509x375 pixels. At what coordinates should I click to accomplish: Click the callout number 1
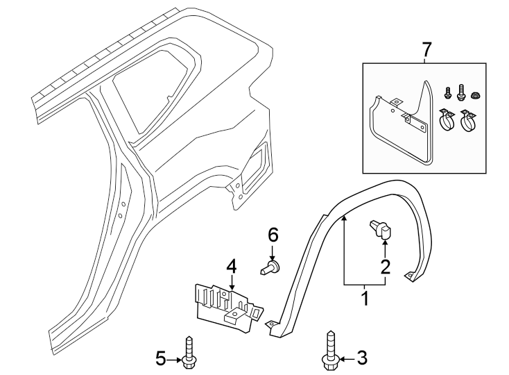click(x=363, y=300)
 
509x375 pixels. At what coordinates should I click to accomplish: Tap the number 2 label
click(x=384, y=265)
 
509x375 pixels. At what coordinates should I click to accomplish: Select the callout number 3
click(x=361, y=358)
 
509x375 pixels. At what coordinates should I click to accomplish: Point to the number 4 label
click(x=231, y=265)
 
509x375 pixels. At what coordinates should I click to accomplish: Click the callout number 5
click(x=161, y=358)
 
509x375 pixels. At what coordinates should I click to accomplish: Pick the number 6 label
click(x=273, y=234)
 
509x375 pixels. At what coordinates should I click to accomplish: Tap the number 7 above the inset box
click(x=426, y=49)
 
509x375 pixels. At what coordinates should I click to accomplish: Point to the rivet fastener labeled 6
click(x=271, y=266)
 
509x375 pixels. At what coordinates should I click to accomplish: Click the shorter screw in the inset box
click(x=446, y=92)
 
